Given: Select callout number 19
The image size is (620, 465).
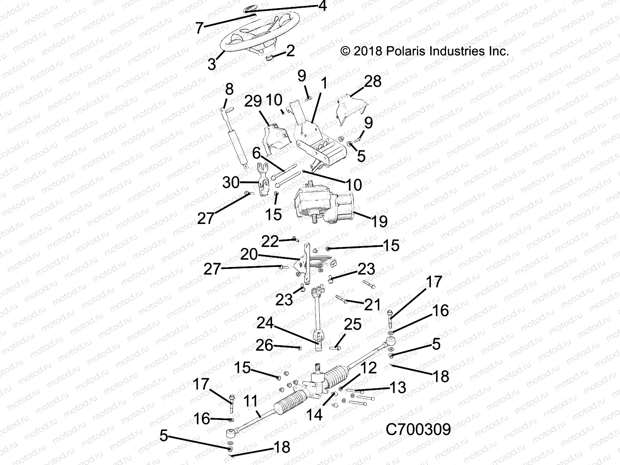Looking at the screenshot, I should [379, 221].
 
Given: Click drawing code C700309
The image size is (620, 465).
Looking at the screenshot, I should [418, 429].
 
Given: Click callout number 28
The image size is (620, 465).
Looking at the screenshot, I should [372, 81].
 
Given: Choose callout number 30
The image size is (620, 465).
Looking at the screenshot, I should [231, 182].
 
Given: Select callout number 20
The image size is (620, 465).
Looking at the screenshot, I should [249, 255].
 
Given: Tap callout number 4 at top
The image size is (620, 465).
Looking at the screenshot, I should [322, 6].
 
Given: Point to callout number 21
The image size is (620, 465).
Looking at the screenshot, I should [372, 305].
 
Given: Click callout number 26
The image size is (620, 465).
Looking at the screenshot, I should [264, 345].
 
